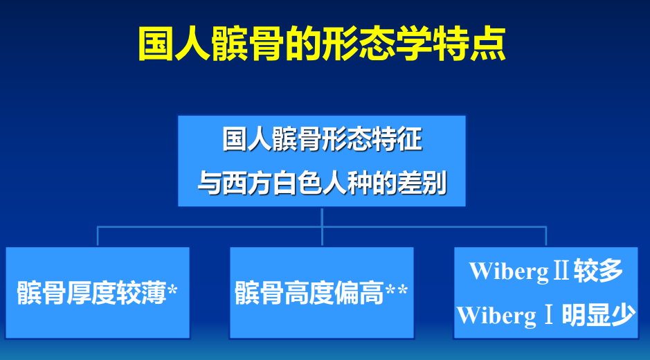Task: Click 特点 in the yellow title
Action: point(469,44)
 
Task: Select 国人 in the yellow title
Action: point(174,44)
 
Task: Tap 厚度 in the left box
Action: point(91,293)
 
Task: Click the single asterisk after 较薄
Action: point(172,289)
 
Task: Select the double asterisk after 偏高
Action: point(397,289)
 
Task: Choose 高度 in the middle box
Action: point(309,293)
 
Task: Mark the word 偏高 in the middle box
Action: point(359,293)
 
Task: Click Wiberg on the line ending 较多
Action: point(508,272)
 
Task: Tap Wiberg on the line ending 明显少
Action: point(496,316)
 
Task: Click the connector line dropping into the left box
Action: point(98,236)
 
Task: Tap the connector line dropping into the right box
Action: point(546,236)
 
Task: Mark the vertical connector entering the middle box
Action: point(322,227)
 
